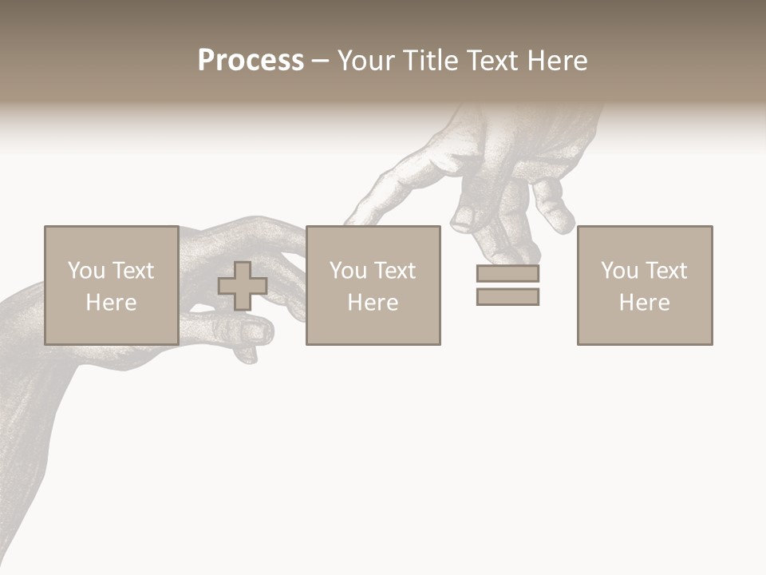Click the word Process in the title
(251, 61)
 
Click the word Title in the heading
(427, 61)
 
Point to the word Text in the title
(488, 61)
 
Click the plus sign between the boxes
(243, 286)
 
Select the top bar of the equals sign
(507, 273)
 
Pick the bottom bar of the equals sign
(507, 296)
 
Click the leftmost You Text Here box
(111, 285)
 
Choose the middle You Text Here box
(373, 285)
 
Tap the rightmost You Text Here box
(645, 285)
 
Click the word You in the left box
(87, 271)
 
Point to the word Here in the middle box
(373, 303)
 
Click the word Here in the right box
(645, 303)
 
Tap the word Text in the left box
(133, 271)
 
